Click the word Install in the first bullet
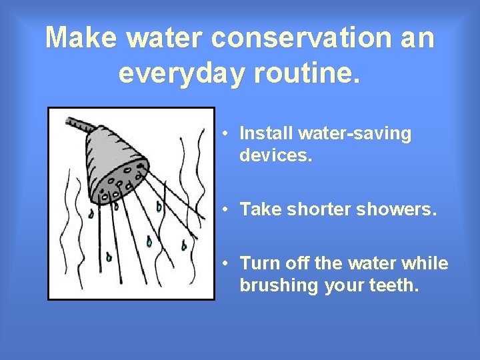266,133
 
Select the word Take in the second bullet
257,209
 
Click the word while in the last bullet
426,263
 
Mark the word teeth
395,285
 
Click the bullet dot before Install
227,133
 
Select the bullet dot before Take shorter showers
227,209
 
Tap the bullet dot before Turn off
227,263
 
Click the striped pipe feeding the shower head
79,125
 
